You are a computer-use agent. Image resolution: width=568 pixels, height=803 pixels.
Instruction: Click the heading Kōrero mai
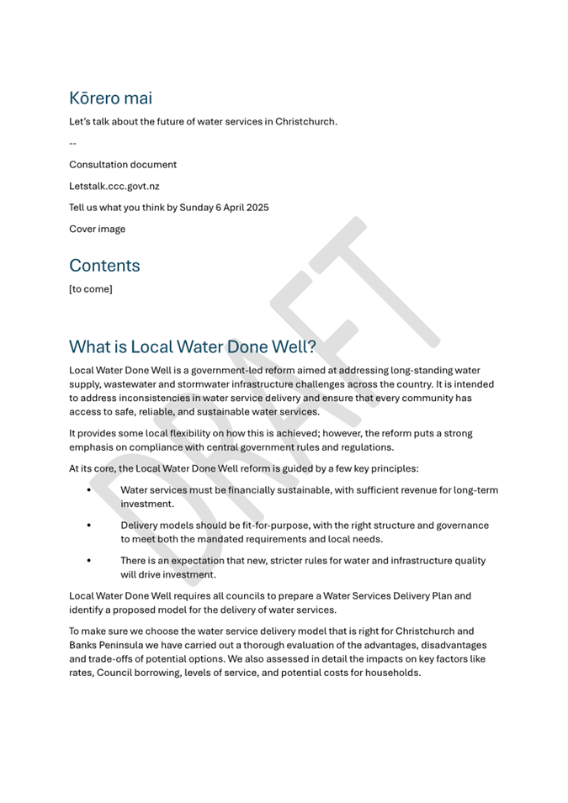pyautogui.click(x=110, y=98)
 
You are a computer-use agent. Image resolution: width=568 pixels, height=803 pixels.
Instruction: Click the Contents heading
pyautogui.click(x=104, y=266)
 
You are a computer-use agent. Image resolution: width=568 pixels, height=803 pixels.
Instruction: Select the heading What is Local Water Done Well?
pyautogui.click(x=192, y=346)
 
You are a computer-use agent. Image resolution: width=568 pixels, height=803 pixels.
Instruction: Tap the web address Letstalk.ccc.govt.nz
pyautogui.click(x=114, y=186)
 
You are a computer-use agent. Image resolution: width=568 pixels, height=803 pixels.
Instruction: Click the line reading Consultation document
pyautogui.click(x=123, y=165)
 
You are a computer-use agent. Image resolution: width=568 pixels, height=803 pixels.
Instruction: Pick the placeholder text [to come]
pyautogui.click(x=90, y=289)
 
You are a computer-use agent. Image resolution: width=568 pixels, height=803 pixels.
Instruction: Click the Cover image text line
pyautogui.click(x=97, y=229)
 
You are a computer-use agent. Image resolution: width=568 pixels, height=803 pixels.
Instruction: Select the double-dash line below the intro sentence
pyautogui.click(x=72, y=143)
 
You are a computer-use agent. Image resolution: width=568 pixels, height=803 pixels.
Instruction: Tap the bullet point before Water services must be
pyautogui.click(x=89, y=489)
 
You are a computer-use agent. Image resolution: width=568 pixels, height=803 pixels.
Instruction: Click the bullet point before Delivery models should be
pyautogui.click(x=89, y=526)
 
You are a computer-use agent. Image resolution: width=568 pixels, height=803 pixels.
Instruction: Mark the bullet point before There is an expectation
pyautogui.click(x=89, y=561)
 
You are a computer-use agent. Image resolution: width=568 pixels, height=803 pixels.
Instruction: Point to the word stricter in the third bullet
pyautogui.click(x=264, y=561)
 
